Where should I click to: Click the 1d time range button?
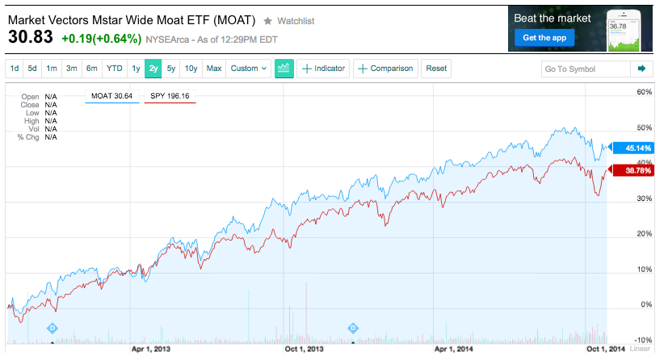click(15, 69)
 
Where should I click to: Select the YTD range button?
click(114, 69)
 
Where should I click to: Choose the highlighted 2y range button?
click(153, 69)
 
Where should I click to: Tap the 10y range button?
click(191, 69)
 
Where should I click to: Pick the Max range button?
click(214, 69)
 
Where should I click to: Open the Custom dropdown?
click(248, 69)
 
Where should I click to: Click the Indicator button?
click(323, 69)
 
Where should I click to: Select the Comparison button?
click(386, 69)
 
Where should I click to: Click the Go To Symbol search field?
click(585, 69)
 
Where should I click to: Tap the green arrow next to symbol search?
click(641, 69)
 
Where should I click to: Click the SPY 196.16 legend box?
click(170, 96)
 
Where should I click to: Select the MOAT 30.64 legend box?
click(111, 96)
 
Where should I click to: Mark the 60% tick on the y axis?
click(644, 92)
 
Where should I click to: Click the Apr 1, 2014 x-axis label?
click(454, 350)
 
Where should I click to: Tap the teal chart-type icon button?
click(284, 69)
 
